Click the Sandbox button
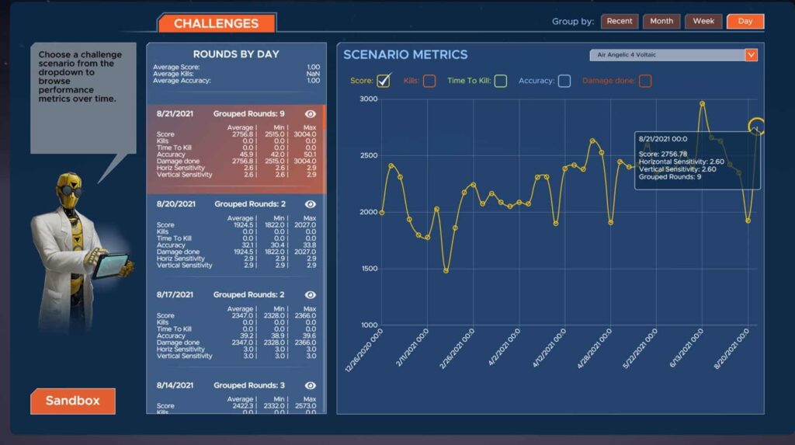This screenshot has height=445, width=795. pos(72,401)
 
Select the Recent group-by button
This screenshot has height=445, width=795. pos(619,21)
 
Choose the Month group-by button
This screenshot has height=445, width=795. pos(661,21)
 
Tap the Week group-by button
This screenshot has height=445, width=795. pos(703,21)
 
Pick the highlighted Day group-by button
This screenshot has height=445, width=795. pos(745,21)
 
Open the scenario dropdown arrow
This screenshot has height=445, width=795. pos(751,55)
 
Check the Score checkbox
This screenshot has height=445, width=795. pos(383,81)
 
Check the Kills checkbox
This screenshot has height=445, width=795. pos(429,81)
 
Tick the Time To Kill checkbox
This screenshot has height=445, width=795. pos(501,81)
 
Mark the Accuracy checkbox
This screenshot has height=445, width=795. pos(564,81)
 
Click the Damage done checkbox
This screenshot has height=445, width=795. pos(645,81)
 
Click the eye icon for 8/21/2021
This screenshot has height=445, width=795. pos(311,114)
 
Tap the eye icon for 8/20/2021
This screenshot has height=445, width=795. pos(311,204)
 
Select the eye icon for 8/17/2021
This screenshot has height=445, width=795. pos(311,295)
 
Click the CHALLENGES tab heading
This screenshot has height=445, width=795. pos(217,23)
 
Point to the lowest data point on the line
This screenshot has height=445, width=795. pos(446,271)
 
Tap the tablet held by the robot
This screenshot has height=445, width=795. pos(109,266)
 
